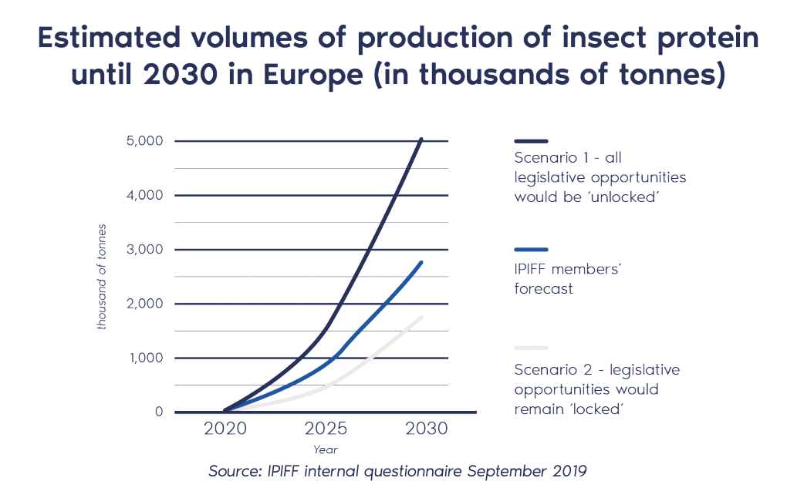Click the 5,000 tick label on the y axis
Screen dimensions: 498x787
tap(145, 141)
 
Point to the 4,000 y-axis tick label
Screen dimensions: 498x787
tap(145, 195)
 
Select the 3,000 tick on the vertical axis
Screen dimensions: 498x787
tap(145, 250)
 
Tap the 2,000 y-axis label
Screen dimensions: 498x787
tap(145, 304)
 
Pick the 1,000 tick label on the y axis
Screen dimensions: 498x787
tap(145, 358)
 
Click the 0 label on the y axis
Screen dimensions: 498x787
tap(159, 412)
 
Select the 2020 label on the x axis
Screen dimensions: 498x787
tap(225, 429)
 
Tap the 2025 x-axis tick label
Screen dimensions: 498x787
tap(326, 429)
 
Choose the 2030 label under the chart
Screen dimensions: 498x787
tap(425, 429)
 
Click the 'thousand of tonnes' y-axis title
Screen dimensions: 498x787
tap(102, 277)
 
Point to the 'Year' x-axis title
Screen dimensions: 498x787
tap(325, 449)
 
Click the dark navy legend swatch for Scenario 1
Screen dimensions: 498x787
tap(531, 141)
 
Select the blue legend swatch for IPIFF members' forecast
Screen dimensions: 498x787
tap(531, 250)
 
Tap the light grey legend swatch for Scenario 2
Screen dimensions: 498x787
tap(531, 348)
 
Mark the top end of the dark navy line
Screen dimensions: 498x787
tap(421, 140)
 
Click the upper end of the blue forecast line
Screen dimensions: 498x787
tap(421, 263)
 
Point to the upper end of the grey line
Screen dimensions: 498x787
tap(421, 317)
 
